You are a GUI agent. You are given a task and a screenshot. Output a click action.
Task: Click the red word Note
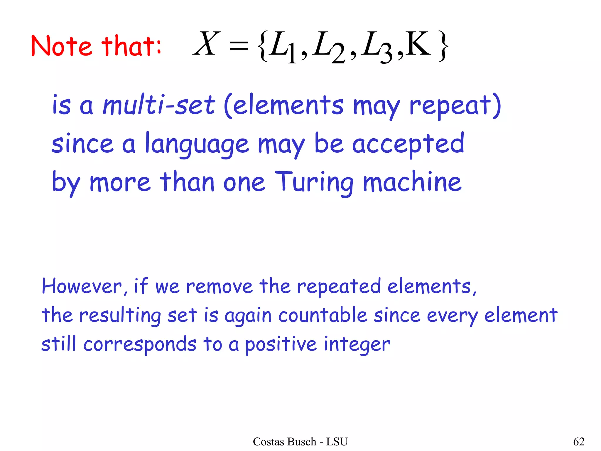click(61, 46)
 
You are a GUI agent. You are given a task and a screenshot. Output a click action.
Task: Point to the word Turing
click(314, 183)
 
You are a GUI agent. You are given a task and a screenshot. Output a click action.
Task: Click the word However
click(82, 286)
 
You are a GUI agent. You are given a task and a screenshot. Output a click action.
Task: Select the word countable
click(323, 315)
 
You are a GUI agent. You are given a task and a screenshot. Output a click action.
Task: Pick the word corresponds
click(140, 344)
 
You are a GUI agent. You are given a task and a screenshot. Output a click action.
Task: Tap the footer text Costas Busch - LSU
click(300, 442)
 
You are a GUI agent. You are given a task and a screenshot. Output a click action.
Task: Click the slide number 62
click(579, 442)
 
